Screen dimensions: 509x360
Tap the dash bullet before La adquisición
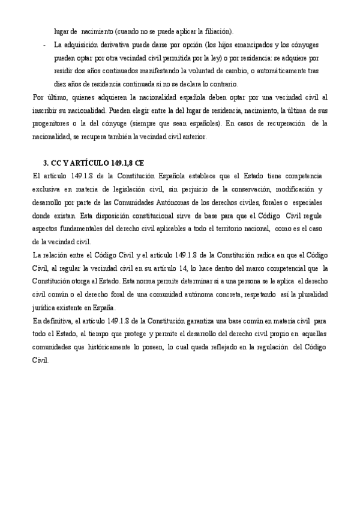pos(45,44)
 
